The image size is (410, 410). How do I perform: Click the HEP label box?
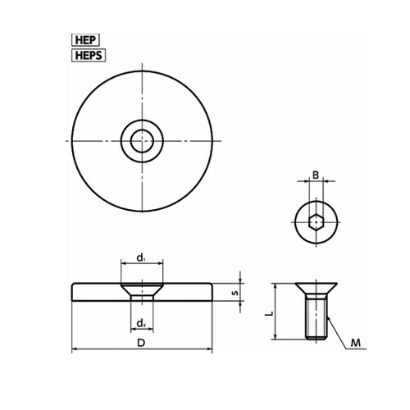click(85, 40)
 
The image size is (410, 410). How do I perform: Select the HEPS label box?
click(89, 56)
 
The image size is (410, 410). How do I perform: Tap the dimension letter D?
click(141, 343)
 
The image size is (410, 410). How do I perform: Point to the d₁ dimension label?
click(140, 257)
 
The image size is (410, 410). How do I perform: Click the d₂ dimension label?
click(141, 324)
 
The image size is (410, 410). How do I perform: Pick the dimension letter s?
click(235, 293)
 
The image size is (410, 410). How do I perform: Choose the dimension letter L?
click(269, 313)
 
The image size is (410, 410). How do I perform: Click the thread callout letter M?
click(356, 343)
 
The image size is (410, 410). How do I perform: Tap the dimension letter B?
click(316, 175)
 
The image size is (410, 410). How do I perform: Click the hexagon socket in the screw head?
click(317, 222)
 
